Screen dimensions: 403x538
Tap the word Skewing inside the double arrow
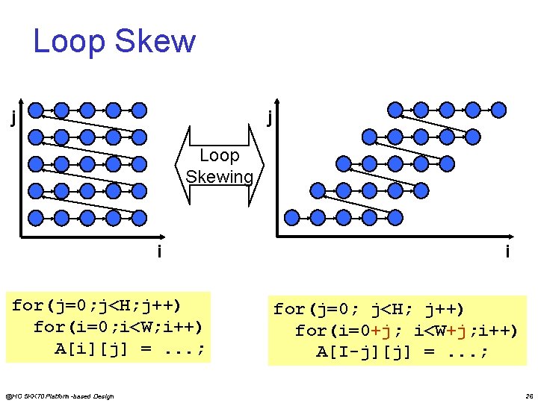click(x=220, y=177)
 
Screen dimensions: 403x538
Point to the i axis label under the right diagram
click(x=507, y=252)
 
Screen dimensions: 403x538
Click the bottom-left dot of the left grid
click(x=35, y=217)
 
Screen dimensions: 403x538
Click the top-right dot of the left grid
click(x=139, y=110)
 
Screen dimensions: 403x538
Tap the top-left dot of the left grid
click(x=35, y=110)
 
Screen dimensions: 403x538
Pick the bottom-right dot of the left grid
click(x=139, y=217)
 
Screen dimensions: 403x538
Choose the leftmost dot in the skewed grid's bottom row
click(x=292, y=217)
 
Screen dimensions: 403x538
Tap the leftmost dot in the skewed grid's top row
click(x=395, y=110)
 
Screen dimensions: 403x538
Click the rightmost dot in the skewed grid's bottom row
click(x=396, y=217)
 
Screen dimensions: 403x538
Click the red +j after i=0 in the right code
click(x=373, y=330)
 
